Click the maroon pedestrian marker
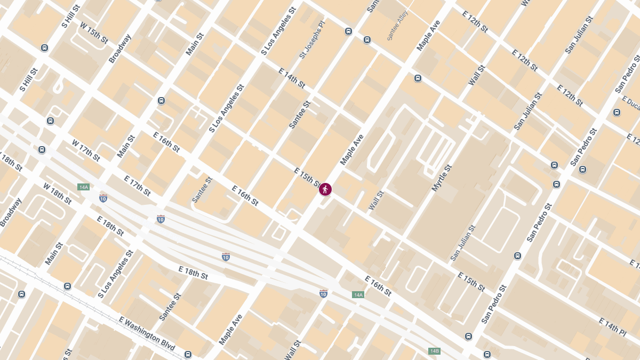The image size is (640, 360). [325, 189]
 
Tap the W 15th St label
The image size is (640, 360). [93, 33]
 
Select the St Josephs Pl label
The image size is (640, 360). [311, 40]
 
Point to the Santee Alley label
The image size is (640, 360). [397, 25]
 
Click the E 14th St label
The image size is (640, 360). [292, 78]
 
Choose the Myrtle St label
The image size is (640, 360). [442, 178]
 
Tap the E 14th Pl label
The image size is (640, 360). [612, 327]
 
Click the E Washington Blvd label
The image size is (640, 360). [147, 333]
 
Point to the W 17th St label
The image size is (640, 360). [86, 150]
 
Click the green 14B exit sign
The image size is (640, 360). [434, 351]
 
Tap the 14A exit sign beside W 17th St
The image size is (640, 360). [83, 187]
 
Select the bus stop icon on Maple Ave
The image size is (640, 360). [418, 78]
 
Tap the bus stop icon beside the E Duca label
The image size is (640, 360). [617, 113]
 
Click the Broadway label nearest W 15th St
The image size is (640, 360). [120, 49]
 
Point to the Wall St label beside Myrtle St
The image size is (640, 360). [376, 201]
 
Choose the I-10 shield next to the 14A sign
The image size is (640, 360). [323, 293]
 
